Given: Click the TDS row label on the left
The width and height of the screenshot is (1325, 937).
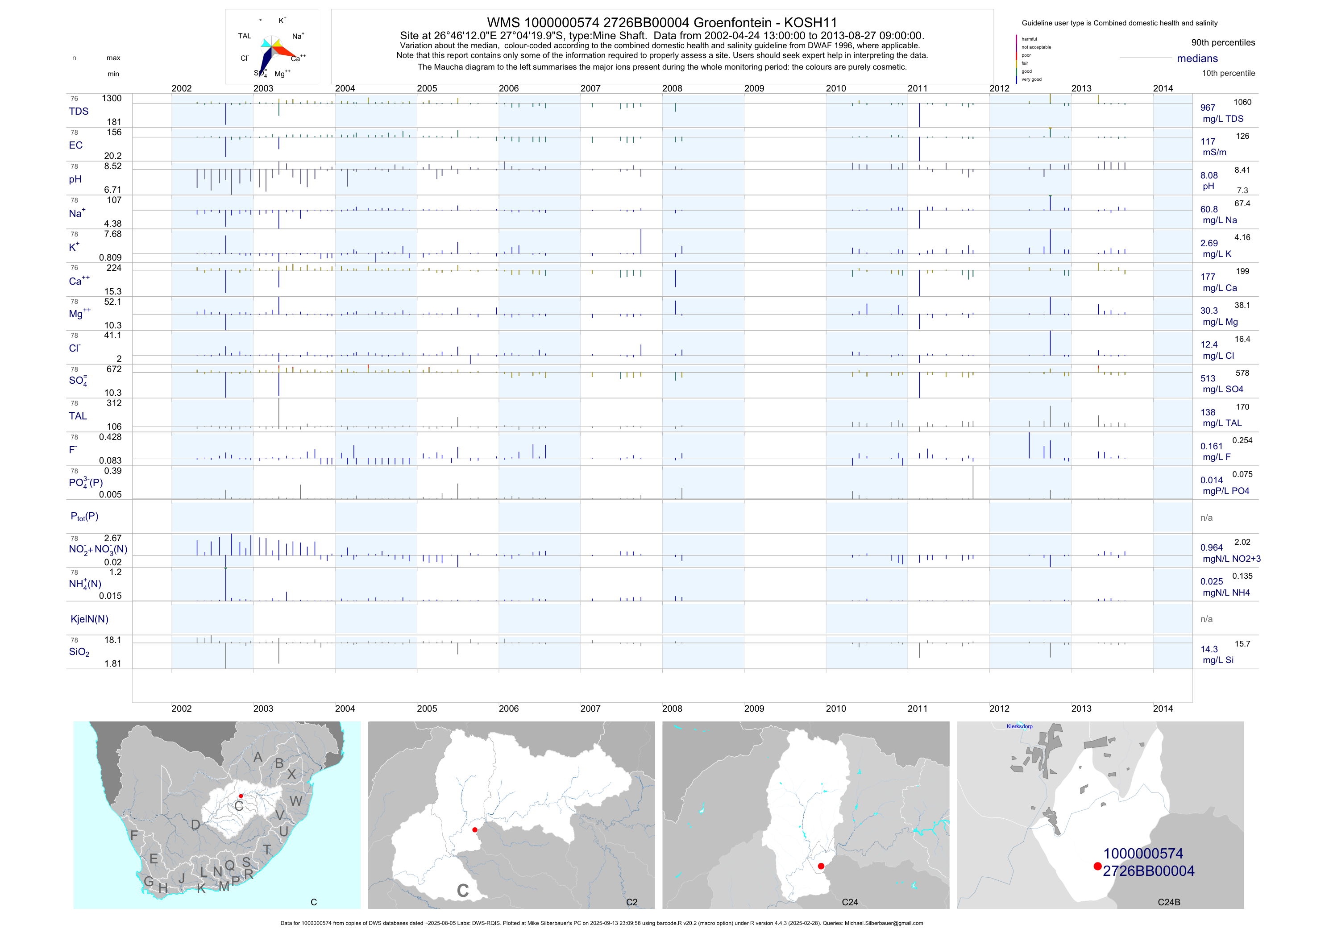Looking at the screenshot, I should point(79,112).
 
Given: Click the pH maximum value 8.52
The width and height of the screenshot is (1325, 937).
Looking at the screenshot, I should point(112,166).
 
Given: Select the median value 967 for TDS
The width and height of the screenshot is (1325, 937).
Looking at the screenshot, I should point(1207,108).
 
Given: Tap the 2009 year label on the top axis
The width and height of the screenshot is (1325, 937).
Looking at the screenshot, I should point(754,88).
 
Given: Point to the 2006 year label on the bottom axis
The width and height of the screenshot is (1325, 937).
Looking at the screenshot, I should point(508,709).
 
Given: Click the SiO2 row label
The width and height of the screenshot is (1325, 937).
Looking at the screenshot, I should point(79,652).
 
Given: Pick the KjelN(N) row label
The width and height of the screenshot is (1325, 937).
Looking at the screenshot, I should point(89,619).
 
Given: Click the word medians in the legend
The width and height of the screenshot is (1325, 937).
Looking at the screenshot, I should point(1197,58).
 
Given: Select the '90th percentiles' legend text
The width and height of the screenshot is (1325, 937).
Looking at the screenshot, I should point(1223,43).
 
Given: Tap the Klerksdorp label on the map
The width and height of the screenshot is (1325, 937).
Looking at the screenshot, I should point(1019,726).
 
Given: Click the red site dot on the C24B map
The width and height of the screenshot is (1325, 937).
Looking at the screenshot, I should point(1097,866).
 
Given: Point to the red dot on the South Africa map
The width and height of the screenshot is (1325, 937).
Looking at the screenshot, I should point(241,796).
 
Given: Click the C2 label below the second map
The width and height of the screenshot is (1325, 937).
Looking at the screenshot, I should point(631,902).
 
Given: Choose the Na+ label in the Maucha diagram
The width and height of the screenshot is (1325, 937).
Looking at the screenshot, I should point(298,36).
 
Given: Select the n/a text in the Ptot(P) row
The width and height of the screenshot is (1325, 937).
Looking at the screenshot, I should point(1206,518).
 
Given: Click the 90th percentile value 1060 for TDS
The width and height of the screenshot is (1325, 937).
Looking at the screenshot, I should point(1242,102).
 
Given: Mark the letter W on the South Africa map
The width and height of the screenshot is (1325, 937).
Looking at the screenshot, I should point(295,801).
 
